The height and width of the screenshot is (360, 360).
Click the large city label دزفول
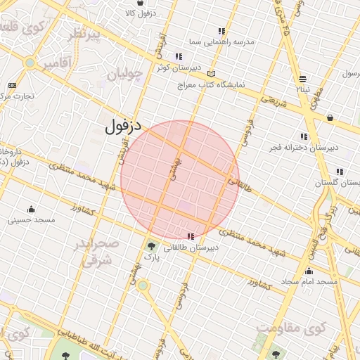(x=123, y=127)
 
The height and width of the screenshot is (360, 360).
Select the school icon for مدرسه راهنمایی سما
(x=222, y=31)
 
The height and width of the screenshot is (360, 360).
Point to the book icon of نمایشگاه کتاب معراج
(x=212, y=74)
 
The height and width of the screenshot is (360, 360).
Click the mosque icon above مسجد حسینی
(x=31, y=209)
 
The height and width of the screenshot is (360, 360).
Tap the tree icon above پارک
(x=152, y=246)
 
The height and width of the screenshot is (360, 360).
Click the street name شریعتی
(x=275, y=102)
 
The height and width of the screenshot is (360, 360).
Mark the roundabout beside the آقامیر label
(x=30, y=63)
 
